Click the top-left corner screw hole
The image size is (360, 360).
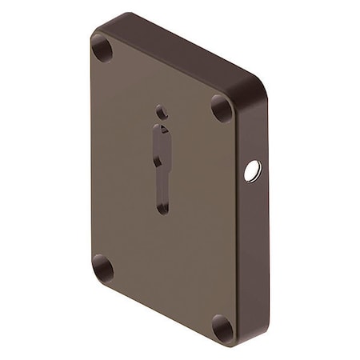[x=102, y=49]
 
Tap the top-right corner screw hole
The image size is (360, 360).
[x=222, y=107]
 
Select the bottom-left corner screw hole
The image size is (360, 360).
[x=102, y=267]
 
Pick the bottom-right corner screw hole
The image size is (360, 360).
[x=221, y=326]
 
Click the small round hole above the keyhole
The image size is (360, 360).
[x=160, y=112]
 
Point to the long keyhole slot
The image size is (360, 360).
[x=162, y=168]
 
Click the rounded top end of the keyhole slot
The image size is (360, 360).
[x=161, y=130]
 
